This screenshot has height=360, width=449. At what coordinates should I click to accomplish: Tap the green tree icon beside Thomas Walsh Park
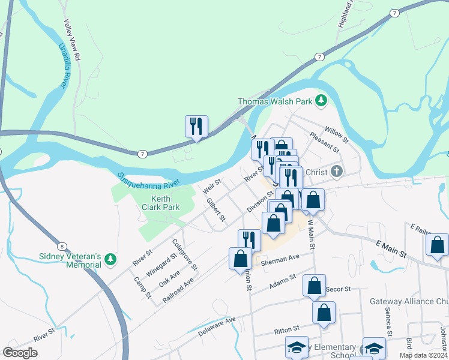tap(321, 100)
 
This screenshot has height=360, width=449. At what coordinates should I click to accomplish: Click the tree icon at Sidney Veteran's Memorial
tap(109, 259)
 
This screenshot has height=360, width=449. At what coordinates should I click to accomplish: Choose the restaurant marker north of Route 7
tap(196, 126)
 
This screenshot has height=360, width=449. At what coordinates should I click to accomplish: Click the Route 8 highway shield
tap(62, 247)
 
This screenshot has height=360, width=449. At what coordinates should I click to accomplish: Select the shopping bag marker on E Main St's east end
tap(437, 245)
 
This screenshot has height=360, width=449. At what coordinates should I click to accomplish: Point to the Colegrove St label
tap(185, 254)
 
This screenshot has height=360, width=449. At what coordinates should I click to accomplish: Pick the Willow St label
tap(336, 130)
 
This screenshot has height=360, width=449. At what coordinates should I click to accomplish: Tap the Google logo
tap(20, 352)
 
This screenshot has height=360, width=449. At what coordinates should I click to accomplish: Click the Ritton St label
tap(286, 330)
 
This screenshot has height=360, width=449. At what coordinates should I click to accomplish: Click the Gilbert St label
tap(215, 209)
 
